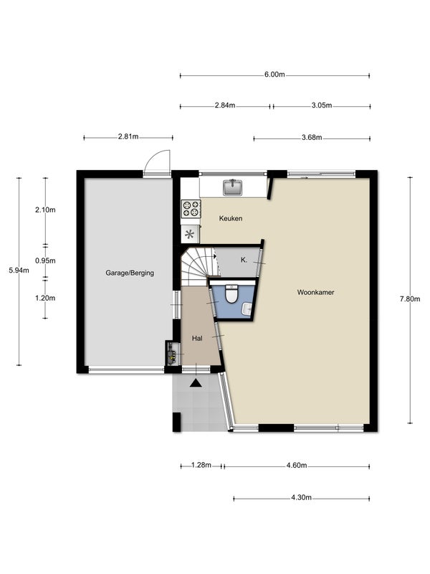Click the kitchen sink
[232, 187]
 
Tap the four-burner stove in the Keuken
[191, 209]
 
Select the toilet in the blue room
[231, 294]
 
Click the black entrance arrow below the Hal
[196, 383]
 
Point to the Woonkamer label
[315, 292]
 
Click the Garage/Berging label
[130, 273]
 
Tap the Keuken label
[231, 219]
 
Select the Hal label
[197, 338]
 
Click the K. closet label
[244, 260]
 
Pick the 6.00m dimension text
[274, 75]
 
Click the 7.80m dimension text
[410, 298]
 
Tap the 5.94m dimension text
[19, 270]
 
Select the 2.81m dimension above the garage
[128, 137]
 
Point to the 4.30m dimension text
[301, 497]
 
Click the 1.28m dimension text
[201, 465]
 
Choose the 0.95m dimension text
[45, 260]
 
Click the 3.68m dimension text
[312, 138]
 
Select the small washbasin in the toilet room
[247, 309]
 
